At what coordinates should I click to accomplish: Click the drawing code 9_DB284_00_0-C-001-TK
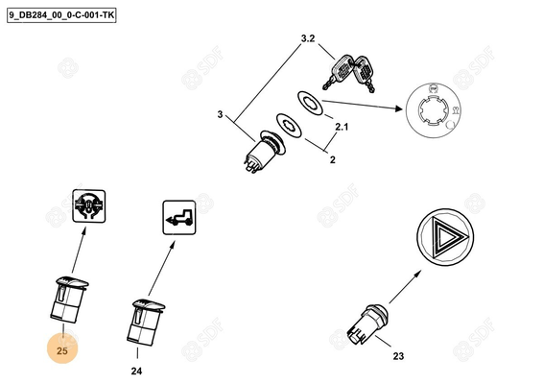coord(61,15)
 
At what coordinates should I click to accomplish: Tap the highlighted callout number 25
coord(62,350)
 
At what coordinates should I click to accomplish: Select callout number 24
coord(136,372)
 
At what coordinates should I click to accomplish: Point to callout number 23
coord(398,356)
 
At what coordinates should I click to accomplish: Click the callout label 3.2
coord(308,38)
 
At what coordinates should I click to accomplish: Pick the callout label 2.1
coord(342,127)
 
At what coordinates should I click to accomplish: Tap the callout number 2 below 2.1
coord(333,159)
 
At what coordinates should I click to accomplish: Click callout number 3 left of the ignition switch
coord(220,114)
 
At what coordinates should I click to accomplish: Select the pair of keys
coord(349,74)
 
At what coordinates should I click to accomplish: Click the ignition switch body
coord(264,152)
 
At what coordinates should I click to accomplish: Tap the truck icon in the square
coord(179,217)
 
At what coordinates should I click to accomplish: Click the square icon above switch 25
coord(89,205)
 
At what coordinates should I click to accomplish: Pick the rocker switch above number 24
coord(145,323)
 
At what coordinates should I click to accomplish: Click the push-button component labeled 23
coord(367,324)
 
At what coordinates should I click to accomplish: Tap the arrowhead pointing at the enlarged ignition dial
coord(398,108)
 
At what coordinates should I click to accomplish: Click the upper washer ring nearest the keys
coord(310,103)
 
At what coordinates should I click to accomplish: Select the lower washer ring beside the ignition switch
coord(289,125)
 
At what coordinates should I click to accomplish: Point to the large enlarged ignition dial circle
coord(434,110)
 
